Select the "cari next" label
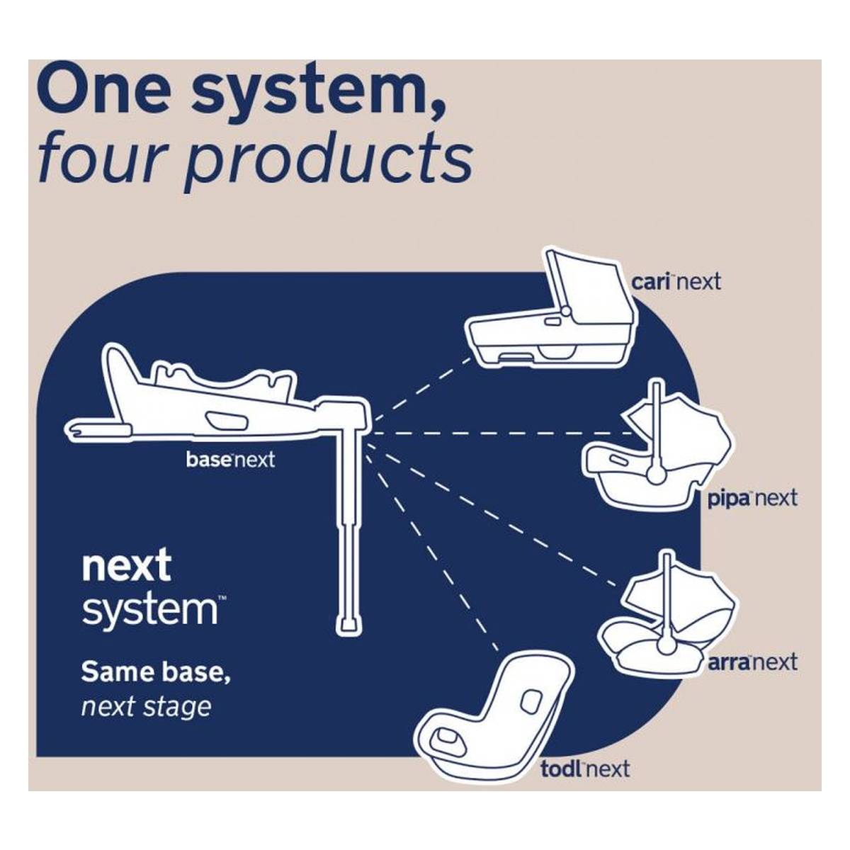pyautogui.click(x=676, y=281)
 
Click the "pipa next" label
pyautogui.click(x=752, y=499)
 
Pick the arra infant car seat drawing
pyautogui.click(x=666, y=618)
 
